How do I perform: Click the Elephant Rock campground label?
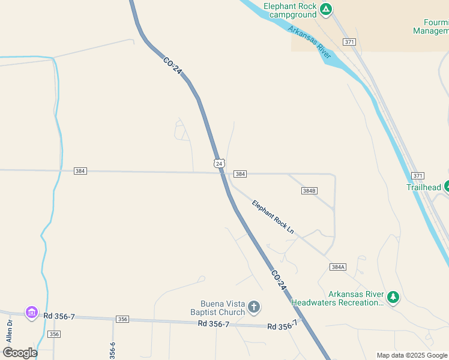tap(290, 10)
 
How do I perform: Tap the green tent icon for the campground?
tap(325, 9)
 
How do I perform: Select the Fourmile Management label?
tap(431, 26)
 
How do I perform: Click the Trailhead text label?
tap(424, 187)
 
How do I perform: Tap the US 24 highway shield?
tap(219, 163)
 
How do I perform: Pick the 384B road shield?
tap(309, 191)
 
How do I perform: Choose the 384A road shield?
tap(338, 266)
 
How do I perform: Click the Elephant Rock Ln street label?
tap(273, 217)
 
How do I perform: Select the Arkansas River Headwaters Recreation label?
tap(337, 298)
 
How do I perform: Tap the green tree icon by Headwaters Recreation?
tap(393, 296)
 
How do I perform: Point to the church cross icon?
tap(254, 308)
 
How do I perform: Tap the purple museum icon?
tap(31, 312)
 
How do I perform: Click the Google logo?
tap(20, 353)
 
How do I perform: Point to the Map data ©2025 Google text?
tap(412, 355)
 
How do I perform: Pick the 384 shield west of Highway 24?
tap(80, 171)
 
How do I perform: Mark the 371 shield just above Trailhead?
tap(418, 175)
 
